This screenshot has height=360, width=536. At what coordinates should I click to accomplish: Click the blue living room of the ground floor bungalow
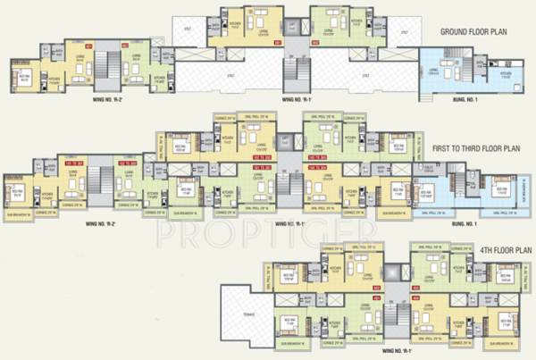[440, 75]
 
